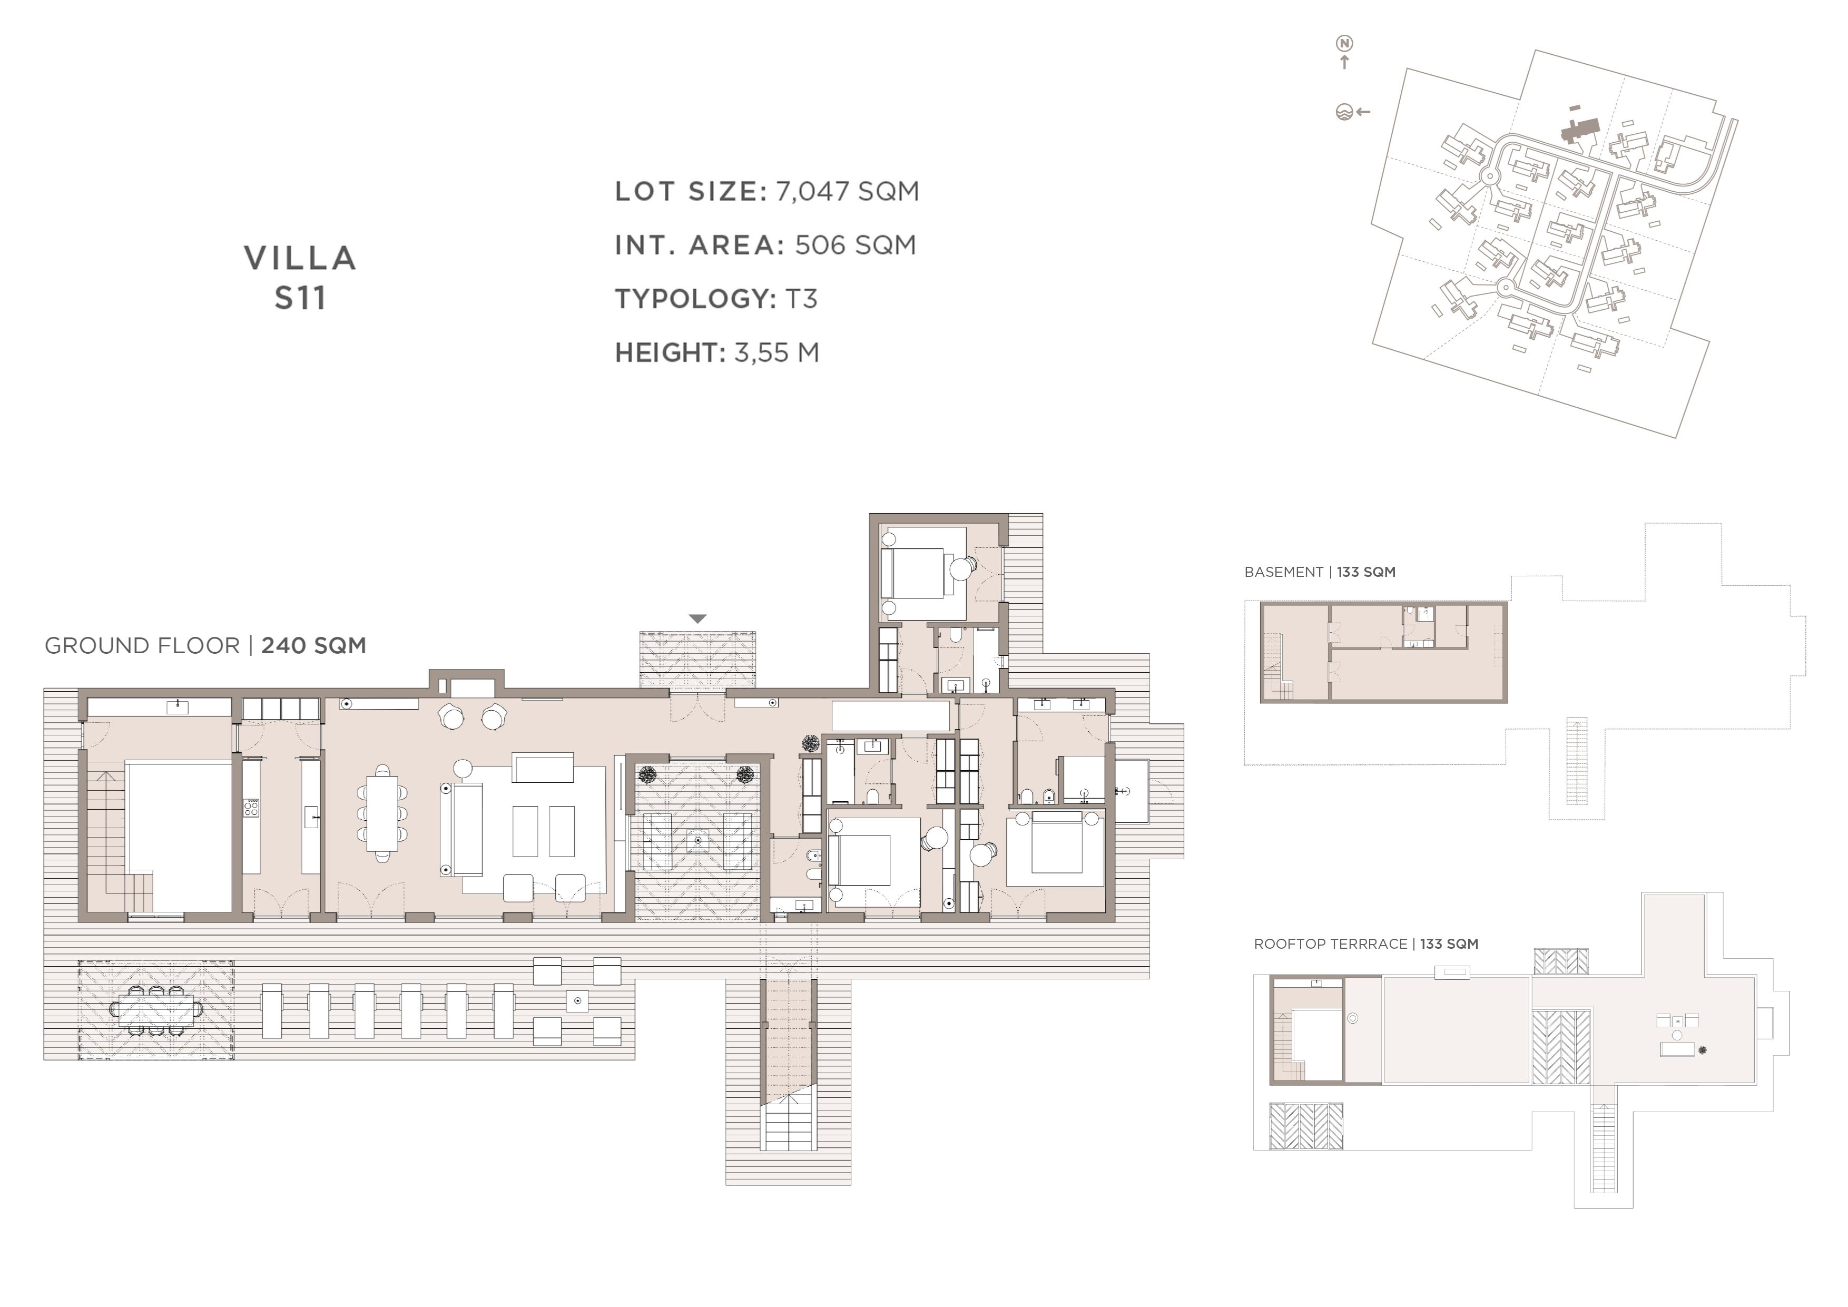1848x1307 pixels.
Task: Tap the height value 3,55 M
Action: pos(776,352)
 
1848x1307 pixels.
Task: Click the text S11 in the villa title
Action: pos(300,298)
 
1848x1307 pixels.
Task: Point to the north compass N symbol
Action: pos(1344,43)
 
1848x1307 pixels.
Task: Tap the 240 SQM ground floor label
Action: pos(314,645)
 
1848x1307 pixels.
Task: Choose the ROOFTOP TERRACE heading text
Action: pos(1331,944)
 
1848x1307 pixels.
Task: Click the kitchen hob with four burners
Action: pos(251,807)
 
